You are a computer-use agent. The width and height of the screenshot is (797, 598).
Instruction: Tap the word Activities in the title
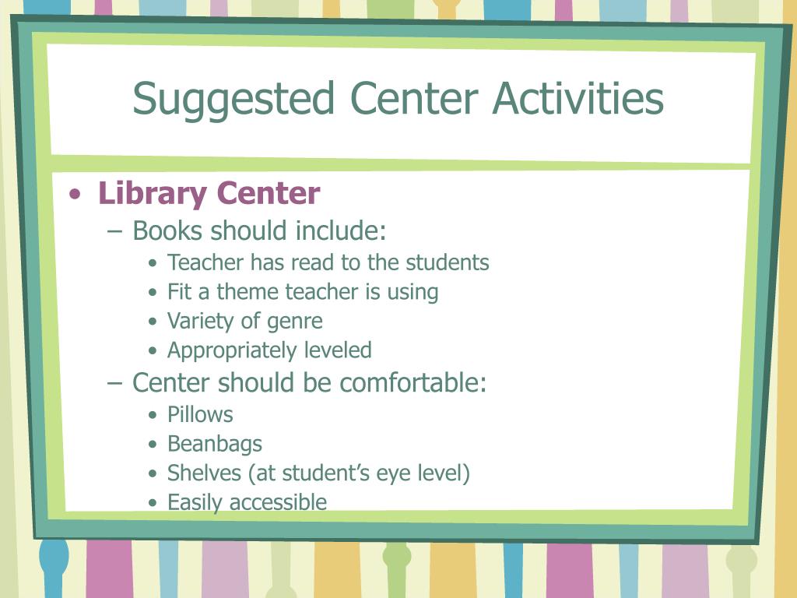coord(578,98)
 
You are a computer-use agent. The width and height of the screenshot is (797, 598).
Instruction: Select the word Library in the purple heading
coord(153,194)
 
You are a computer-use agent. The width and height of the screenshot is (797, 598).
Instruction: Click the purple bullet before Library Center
coord(75,194)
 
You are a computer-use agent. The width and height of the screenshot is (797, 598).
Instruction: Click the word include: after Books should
coord(341,230)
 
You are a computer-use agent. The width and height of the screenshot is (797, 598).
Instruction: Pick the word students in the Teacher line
coord(448,262)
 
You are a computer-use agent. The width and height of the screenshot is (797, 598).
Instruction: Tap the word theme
coord(248,292)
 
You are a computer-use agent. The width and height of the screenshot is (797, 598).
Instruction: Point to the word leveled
coord(338,350)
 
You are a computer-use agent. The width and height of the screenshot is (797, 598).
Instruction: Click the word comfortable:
coord(413,382)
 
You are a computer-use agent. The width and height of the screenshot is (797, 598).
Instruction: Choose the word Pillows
coord(200,414)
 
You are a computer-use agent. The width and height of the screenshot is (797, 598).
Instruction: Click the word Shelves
coord(205,473)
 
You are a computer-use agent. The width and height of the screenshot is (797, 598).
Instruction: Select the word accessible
coord(278,502)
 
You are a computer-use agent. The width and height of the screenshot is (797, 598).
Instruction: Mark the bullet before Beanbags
coord(153,445)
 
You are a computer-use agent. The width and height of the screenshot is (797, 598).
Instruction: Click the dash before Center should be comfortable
coord(115,383)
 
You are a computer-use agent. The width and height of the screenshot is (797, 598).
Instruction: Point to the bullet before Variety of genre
coord(153,322)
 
